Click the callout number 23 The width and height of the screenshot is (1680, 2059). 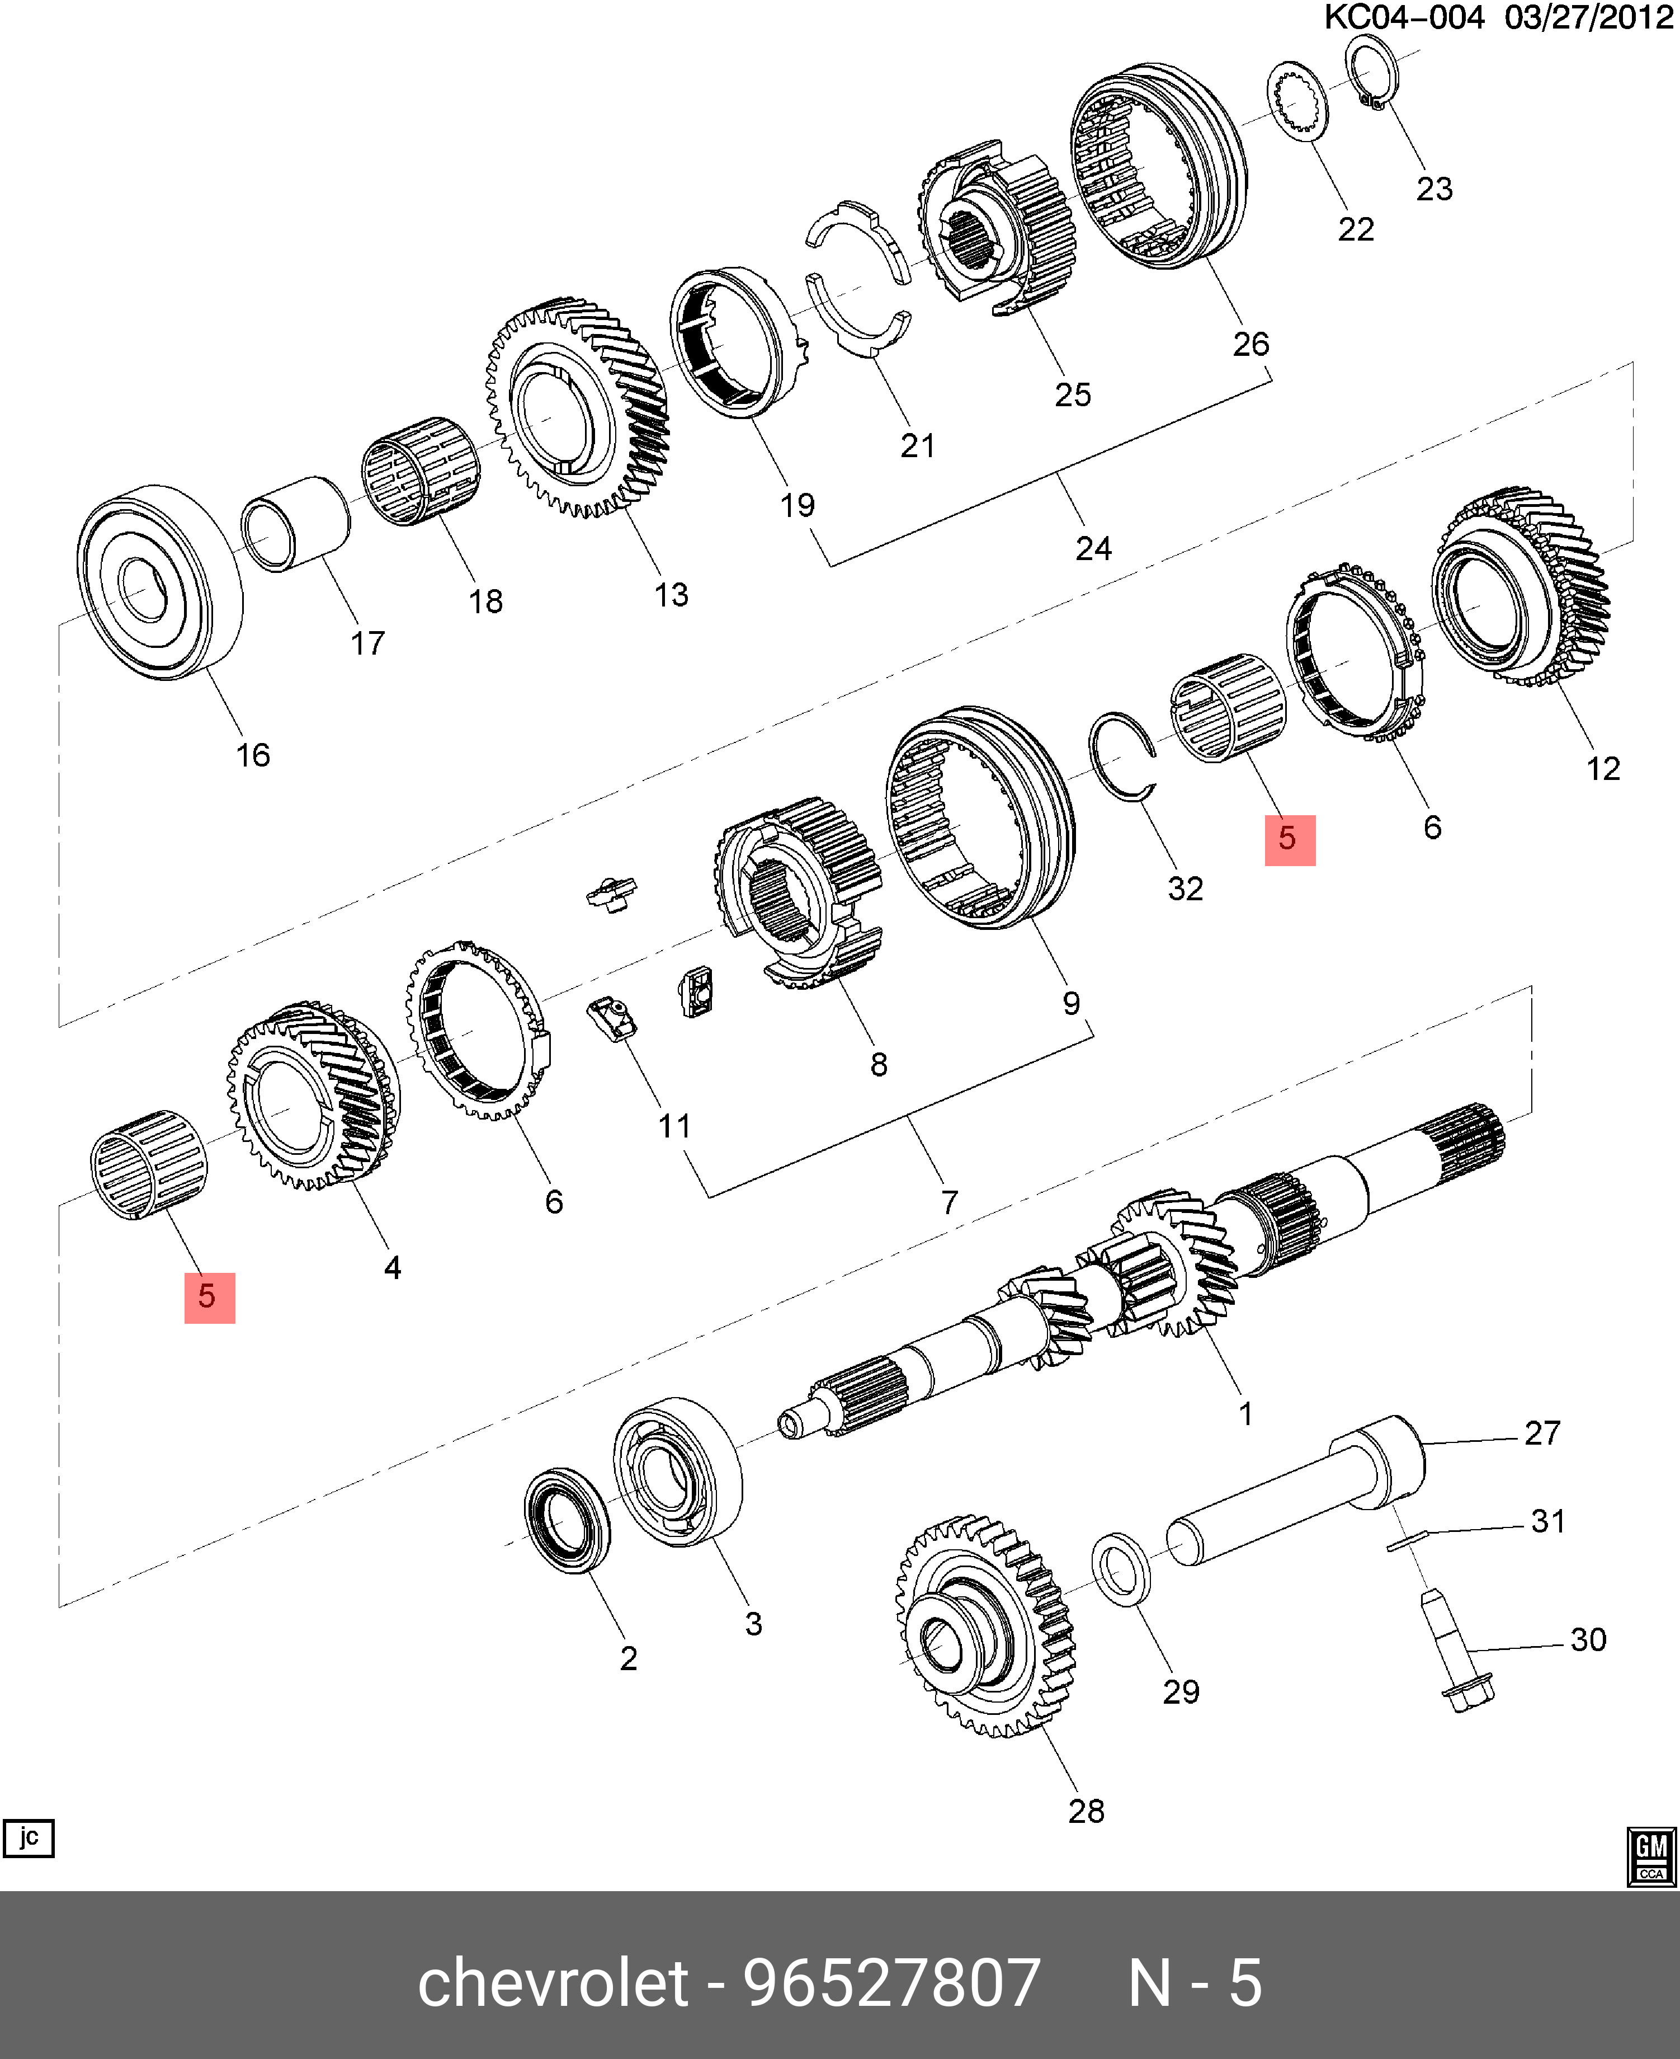[1433, 189]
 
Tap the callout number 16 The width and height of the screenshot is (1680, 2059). [253, 755]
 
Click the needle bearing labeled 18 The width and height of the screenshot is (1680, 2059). [420, 472]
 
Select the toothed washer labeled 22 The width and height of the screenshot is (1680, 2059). [1297, 100]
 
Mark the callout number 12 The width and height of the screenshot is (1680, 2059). [1603, 769]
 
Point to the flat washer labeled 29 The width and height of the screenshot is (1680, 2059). [1121, 1568]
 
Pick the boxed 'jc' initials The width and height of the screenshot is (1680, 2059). [29, 1837]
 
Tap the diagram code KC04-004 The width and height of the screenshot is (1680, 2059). [1403, 17]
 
